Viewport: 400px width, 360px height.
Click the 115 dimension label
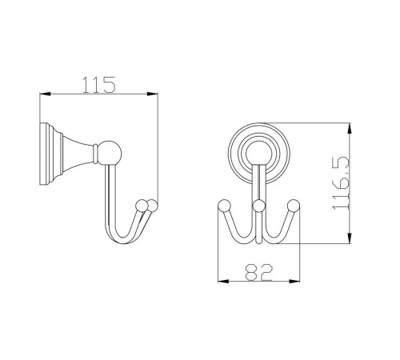99,85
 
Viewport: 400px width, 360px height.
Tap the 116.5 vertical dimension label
341,184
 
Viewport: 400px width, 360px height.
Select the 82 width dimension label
258,273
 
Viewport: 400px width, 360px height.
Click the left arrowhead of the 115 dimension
45,94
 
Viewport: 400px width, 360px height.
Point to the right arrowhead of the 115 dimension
152,94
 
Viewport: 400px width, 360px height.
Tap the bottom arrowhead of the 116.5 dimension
350,238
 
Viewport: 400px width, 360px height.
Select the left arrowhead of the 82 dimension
223,282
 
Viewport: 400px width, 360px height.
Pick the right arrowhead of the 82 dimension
294,282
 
